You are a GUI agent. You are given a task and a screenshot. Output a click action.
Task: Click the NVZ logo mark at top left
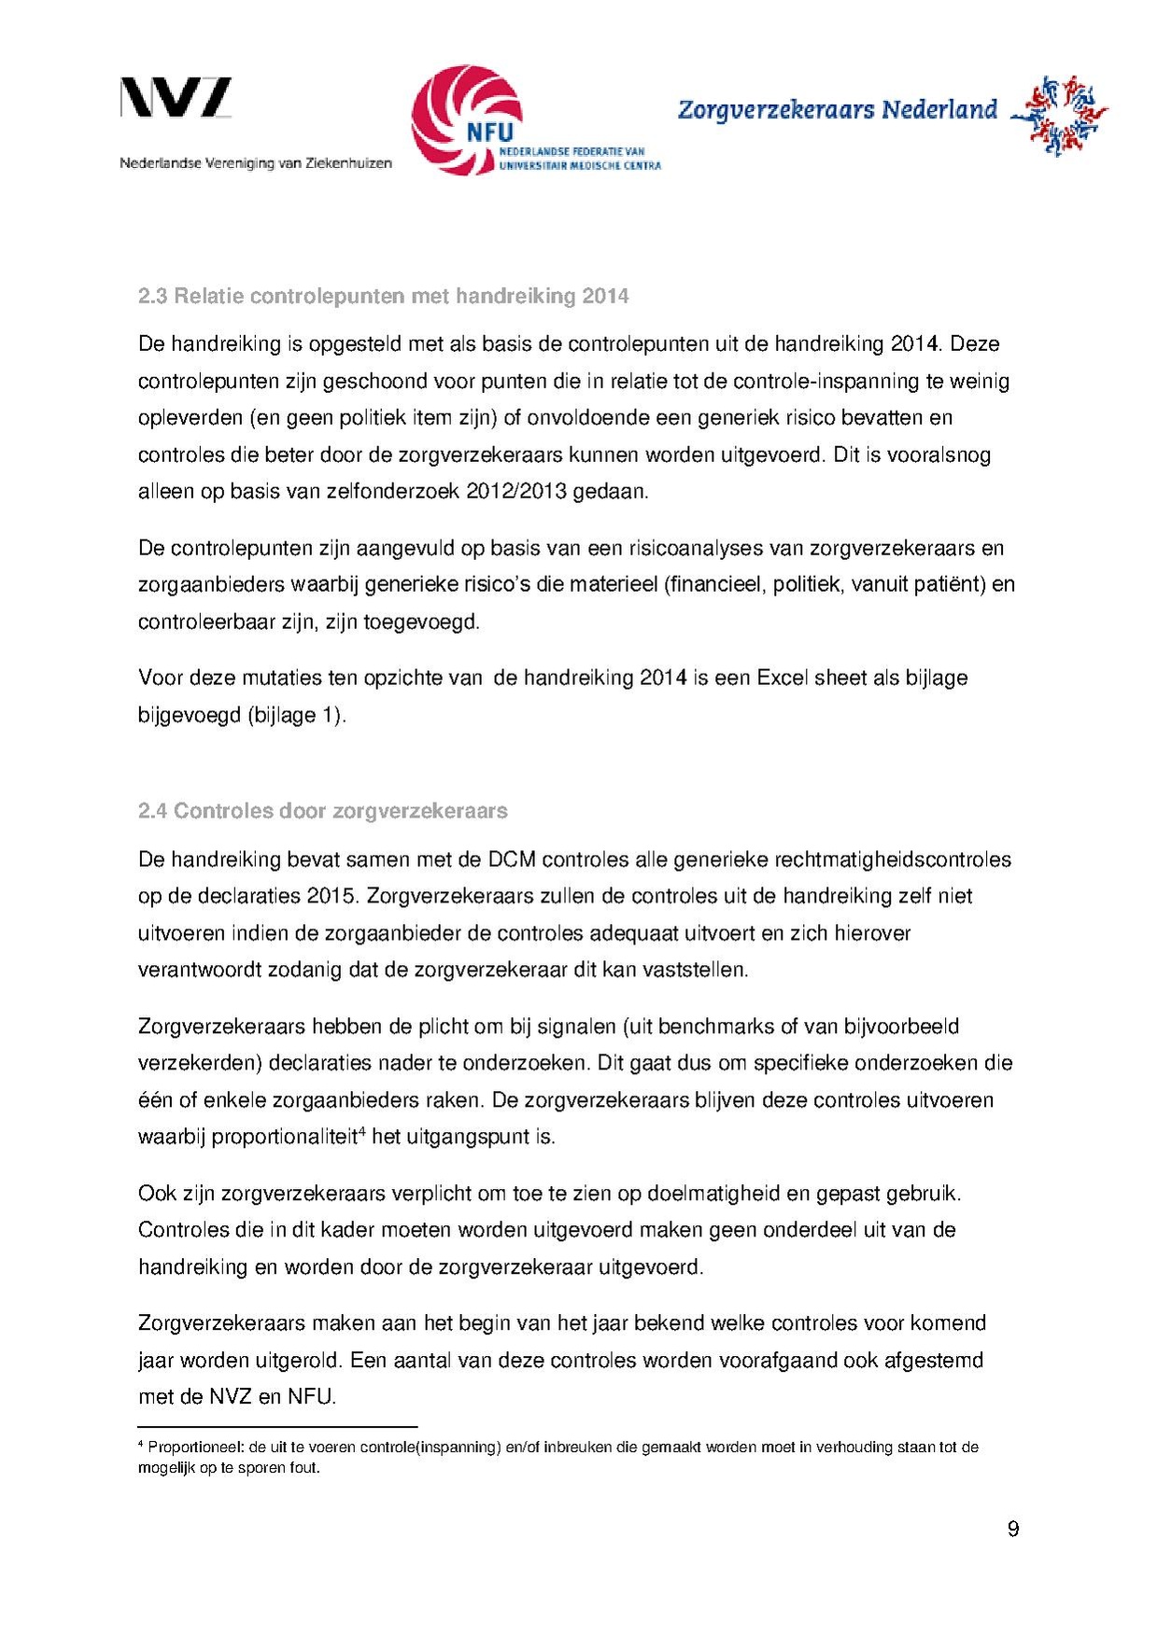176,98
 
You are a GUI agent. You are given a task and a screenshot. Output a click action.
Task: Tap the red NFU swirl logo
457,117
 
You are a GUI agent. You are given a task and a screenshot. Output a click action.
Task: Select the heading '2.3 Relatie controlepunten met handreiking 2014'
383,297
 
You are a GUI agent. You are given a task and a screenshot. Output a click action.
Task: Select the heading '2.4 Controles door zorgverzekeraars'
322,811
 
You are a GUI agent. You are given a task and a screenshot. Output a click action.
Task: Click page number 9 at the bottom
1013,1529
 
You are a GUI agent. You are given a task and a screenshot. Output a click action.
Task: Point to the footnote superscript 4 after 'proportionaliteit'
362,1131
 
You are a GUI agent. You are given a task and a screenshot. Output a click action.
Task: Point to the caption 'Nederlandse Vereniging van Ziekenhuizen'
256,163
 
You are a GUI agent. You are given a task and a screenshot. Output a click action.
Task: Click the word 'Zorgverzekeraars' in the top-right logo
776,110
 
